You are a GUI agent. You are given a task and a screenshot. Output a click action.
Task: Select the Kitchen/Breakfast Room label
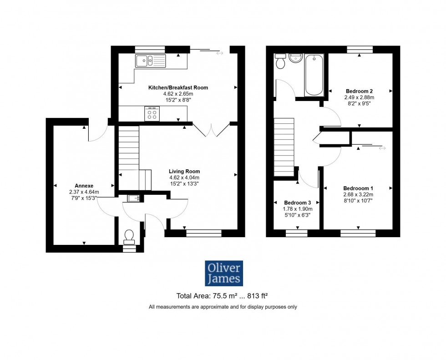(x=178, y=87)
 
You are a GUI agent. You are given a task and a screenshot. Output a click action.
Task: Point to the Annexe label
(x=84, y=186)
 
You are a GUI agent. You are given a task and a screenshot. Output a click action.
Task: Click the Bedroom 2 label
(x=360, y=91)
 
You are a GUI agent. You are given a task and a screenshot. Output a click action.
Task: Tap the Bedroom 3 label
(x=297, y=203)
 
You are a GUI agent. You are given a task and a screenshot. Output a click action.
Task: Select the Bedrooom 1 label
(x=358, y=188)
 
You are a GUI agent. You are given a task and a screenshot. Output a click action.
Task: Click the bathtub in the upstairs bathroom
(x=314, y=75)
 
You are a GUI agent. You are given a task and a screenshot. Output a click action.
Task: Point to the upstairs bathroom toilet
(x=280, y=62)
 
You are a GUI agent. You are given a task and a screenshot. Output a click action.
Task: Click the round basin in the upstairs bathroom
(x=296, y=58)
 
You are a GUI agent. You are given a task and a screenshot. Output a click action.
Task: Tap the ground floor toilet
(x=129, y=237)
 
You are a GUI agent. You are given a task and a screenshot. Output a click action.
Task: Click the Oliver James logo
(x=223, y=273)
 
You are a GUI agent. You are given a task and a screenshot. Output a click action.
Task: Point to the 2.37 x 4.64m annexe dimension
(x=84, y=192)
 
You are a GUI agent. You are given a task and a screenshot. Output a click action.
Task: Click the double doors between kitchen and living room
(x=211, y=130)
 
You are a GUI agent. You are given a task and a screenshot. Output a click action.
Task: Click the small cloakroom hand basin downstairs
(x=133, y=198)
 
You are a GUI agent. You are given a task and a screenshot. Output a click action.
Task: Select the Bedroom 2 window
(x=360, y=49)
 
